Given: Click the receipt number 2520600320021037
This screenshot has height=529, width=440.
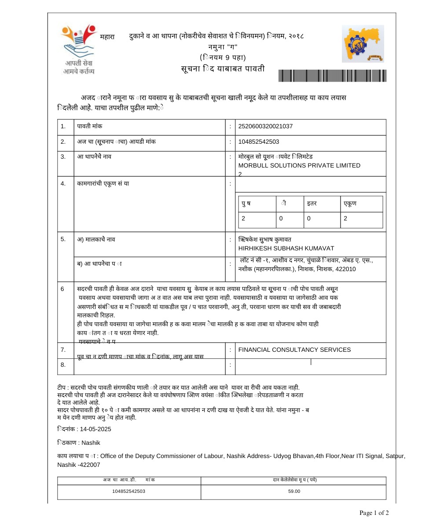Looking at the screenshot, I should [x=265, y=127].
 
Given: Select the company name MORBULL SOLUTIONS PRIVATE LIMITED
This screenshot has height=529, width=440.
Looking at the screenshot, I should [x=299, y=165].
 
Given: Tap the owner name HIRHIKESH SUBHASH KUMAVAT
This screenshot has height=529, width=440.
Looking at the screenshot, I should [x=286, y=248].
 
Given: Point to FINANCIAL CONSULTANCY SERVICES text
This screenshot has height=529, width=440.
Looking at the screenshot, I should [x=294, y=350].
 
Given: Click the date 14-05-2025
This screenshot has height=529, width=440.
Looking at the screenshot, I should [x=95, y=429].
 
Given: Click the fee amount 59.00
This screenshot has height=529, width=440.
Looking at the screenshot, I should [x=294, y=491].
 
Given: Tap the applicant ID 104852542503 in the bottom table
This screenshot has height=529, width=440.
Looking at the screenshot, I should [x=128, y=491].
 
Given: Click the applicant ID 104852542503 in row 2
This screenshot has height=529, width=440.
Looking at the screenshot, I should [x=259, y=142].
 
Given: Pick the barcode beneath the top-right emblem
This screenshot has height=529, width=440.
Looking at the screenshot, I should [x=332, y=75].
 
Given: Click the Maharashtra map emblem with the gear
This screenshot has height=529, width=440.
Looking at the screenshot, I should [x=363, y=44].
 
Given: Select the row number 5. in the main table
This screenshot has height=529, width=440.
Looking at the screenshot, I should [x=63, y=239].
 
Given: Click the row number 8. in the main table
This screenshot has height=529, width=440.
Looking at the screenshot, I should [x=63, y=365].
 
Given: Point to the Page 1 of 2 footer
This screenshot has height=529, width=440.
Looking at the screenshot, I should [x=374, y=513].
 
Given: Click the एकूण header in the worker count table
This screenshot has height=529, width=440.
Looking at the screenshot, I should [x=350, y=204].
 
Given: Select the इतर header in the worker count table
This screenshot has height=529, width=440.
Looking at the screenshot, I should [x=312, y=204].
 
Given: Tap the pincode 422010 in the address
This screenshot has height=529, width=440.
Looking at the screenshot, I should [x=345, y=269].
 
